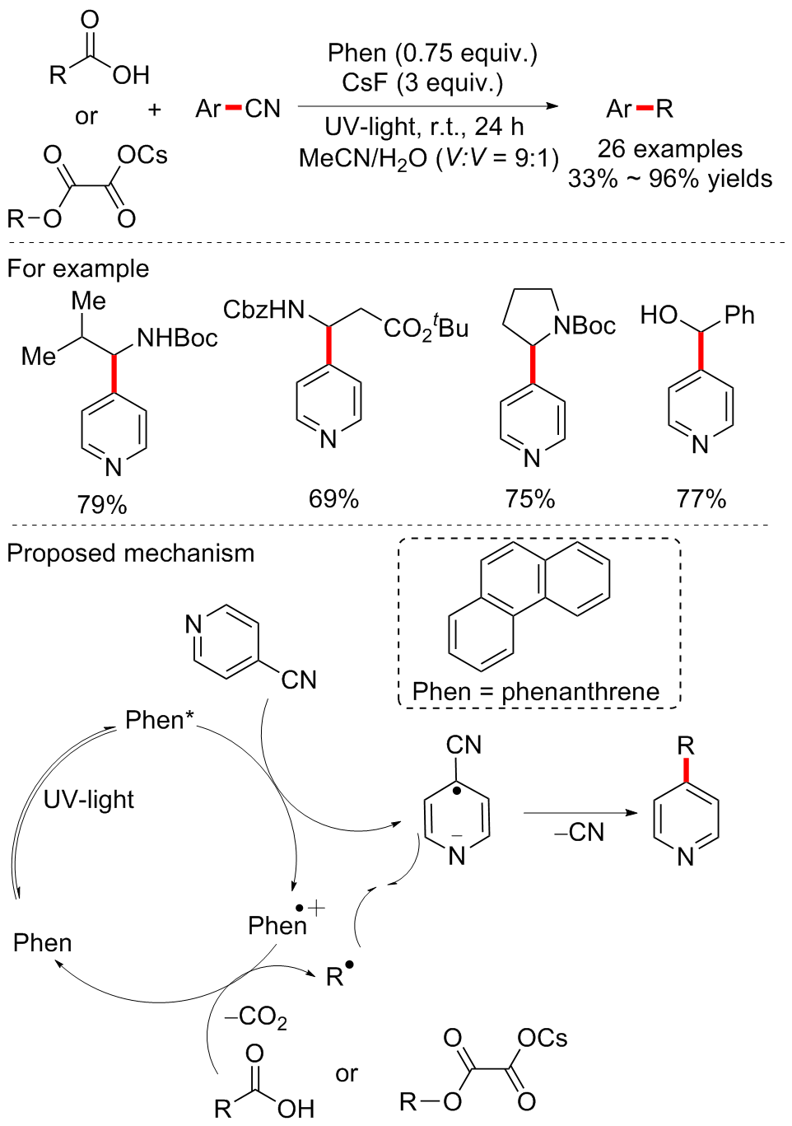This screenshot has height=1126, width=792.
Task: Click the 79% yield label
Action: click(102, 504)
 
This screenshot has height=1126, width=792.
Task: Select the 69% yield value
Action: click(333, 498)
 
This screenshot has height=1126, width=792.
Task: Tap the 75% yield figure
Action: click(530, 498)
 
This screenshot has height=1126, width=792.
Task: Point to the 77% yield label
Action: click(701, 498)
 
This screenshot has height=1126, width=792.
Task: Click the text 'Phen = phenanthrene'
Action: click(536, 691)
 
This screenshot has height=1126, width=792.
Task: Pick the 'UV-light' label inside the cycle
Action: click(89, 799)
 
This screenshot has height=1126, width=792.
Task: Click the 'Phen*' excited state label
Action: click(159, 720)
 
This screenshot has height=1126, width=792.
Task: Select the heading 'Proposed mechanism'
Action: click(131, 553)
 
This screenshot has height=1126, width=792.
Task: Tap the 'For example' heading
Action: click(78, 269)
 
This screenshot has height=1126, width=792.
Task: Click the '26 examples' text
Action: click(669, 149)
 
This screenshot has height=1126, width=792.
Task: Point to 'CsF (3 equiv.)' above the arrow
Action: click(422, 83)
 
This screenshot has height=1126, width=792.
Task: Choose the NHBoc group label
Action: click(177, 338)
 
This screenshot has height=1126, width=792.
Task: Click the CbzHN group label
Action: click(264, 310)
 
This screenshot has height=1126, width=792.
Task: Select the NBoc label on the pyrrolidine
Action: click(585, 326)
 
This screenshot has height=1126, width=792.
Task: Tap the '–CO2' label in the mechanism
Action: click(256, 1018)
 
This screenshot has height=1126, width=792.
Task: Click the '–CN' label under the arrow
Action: click(580, 832)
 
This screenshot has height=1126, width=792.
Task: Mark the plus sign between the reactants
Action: click(155, 110)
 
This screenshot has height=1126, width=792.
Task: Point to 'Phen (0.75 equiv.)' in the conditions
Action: click(432, 54)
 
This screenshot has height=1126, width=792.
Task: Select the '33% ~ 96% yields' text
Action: click(670, 179)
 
